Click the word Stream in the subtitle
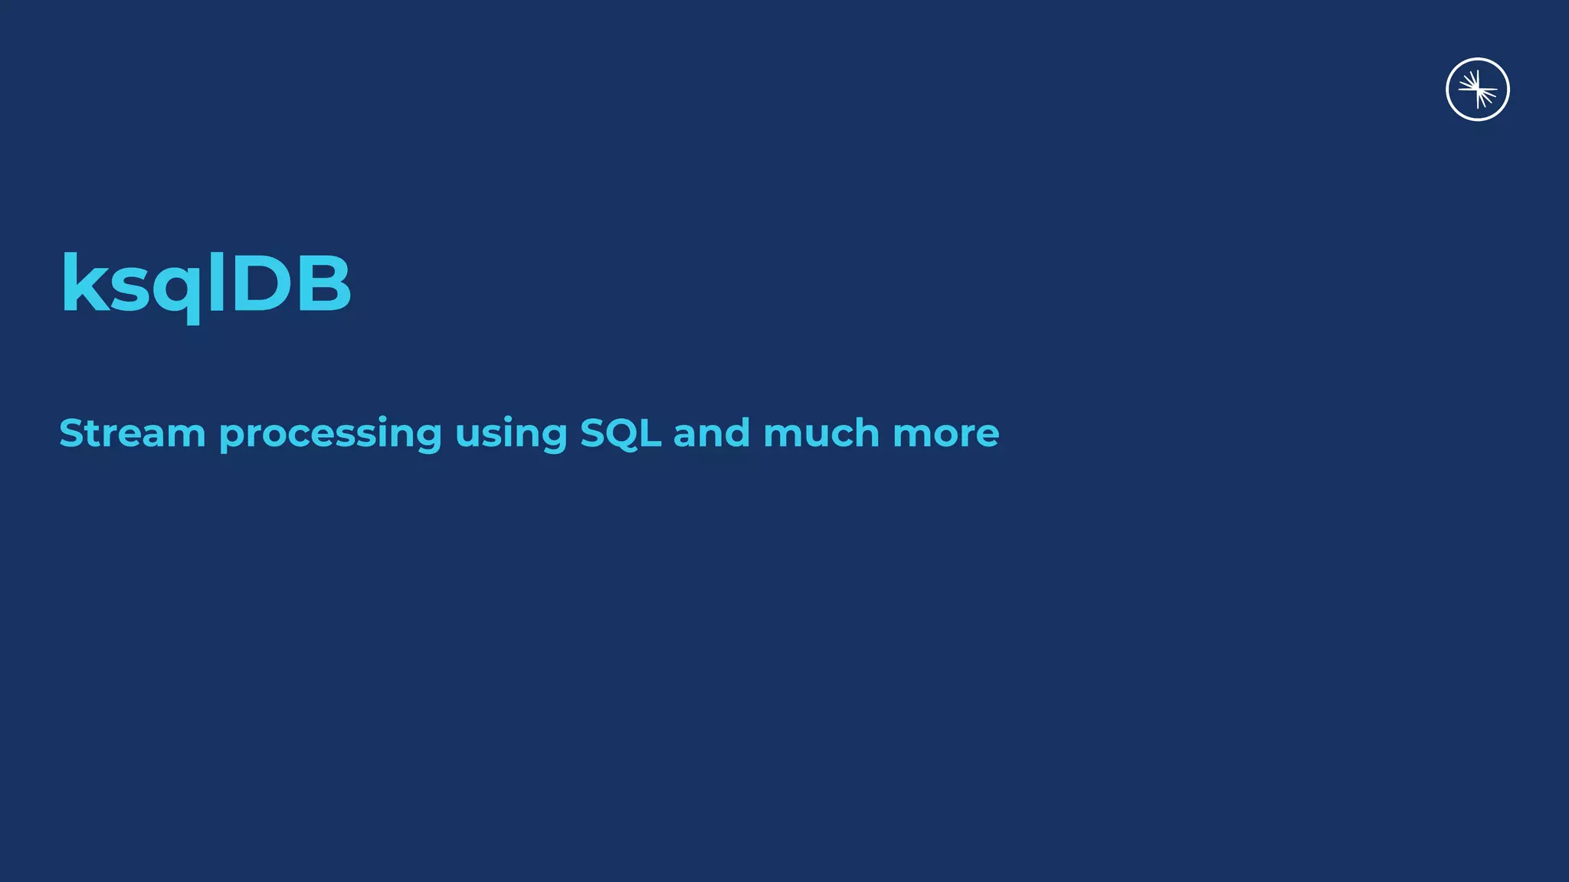(132, 433)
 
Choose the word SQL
(620, 433)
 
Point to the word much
(821, 433)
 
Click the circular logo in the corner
(1477, 90)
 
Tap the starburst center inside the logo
(1478, 90)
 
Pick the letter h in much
(866, 433)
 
